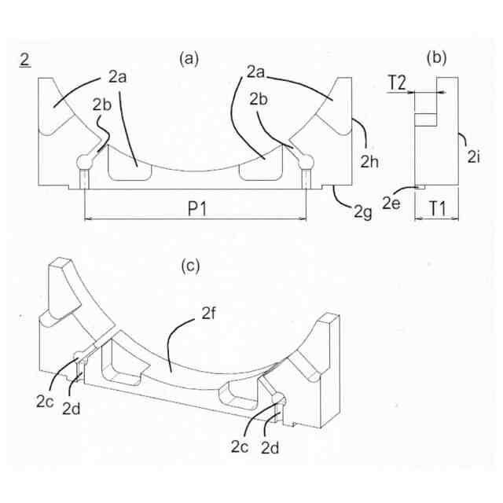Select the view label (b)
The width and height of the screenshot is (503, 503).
click(437, 57)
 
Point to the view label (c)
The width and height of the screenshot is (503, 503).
click(191, 266)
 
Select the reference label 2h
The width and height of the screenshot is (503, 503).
click(370, 162)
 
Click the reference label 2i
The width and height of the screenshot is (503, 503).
click(473, 157)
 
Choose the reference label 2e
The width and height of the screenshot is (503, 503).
click(391, 203)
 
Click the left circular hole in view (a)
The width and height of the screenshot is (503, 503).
click(84, 162)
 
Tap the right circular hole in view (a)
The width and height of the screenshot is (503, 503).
click(305, 162)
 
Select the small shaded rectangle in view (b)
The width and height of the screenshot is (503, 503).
click(425, 119)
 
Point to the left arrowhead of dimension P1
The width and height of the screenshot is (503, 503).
click(86, 218)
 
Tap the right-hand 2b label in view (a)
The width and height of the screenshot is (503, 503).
click(261, 101)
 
